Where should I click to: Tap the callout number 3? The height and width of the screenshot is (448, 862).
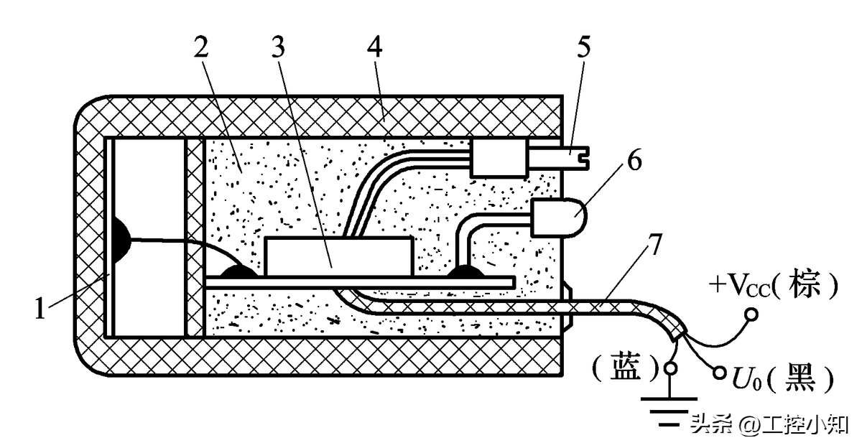pos(277,48)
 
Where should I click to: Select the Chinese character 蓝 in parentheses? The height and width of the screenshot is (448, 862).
pos(624,369)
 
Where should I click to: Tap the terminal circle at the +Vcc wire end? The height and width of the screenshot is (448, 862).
pos(751,314)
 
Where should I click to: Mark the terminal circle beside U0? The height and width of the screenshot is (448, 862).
pos(719,373)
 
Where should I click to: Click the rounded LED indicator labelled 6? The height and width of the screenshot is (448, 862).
pos(558,216)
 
